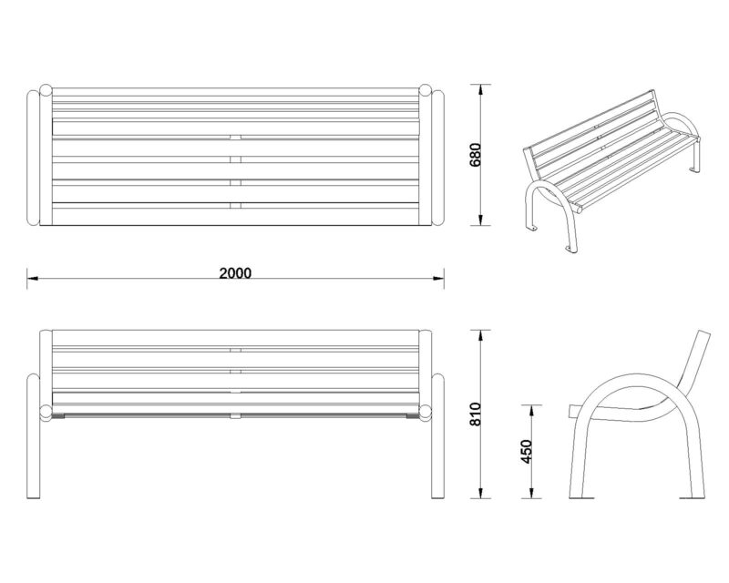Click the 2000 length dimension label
coord(235,273)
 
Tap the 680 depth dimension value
coord(476,155)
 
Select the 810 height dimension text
coord(476,414)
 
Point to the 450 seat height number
coord(527,452)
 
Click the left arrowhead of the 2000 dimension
coord(33,278)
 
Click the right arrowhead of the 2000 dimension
coord(438,278)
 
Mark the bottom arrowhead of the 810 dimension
coord(481,493)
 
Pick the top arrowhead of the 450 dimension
coord(531,410)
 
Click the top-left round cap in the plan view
coord(46,90)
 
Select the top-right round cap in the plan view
coord(425,90)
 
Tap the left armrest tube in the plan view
coord(34,159)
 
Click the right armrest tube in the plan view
coord(438,159)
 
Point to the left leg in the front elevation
coord(34,436)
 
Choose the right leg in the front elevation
coord(437,436)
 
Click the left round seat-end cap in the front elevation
coord(46,412)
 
